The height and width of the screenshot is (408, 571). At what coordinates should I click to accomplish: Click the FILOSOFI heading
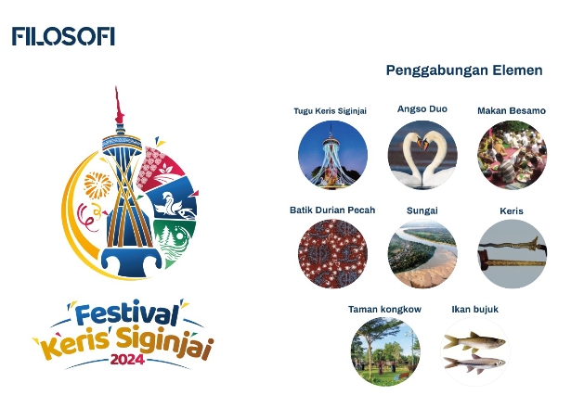[63, 36]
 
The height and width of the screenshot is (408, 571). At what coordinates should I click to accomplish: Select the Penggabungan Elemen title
[464, 70]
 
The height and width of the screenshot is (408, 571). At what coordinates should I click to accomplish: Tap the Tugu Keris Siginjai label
[331, 111]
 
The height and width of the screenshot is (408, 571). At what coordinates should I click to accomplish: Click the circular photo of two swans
[422, 155]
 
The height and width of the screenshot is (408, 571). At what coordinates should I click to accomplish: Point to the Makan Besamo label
[512, 110]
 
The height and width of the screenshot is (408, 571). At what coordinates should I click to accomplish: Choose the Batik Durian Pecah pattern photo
[332, 253]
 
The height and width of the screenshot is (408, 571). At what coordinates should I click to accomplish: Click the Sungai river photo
[422, 253]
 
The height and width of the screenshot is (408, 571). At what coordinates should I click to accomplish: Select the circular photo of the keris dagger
[512, 253]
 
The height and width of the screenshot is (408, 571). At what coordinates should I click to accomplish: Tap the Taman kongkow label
[385, 310]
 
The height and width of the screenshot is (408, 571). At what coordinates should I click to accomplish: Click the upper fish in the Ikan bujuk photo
[474, 341]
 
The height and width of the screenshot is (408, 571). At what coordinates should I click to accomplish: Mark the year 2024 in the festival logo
[127, 359]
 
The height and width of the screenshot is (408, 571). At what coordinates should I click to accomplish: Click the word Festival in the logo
[126, 314]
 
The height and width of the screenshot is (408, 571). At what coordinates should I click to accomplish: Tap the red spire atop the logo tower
[118, 106]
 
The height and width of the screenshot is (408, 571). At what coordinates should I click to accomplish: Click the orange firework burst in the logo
[97, 185]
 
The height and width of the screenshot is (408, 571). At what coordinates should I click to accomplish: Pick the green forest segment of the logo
[172, 241]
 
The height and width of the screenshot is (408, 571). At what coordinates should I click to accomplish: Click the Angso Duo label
[422, 109]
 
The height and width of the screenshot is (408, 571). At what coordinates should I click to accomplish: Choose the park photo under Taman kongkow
[385, 351]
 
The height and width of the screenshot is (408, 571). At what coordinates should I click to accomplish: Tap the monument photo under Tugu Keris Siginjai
[332, 155]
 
